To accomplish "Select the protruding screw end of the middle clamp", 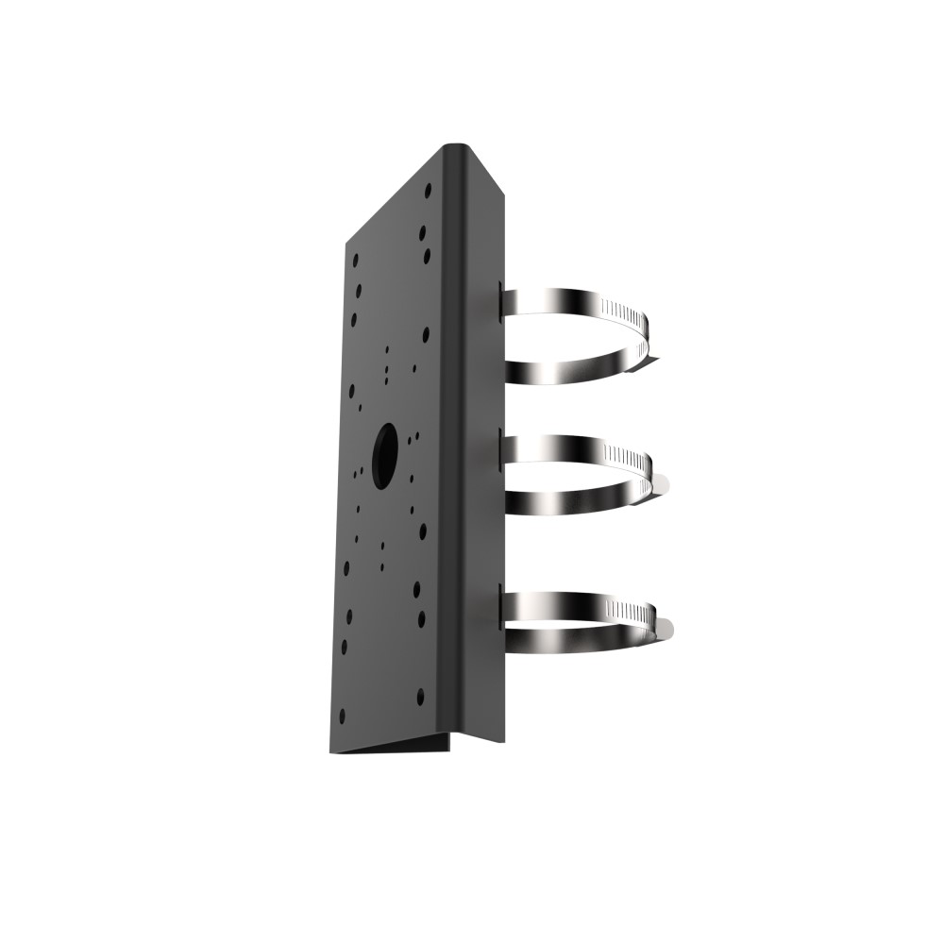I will point(665,484).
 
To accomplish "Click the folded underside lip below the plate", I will point(396,746).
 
